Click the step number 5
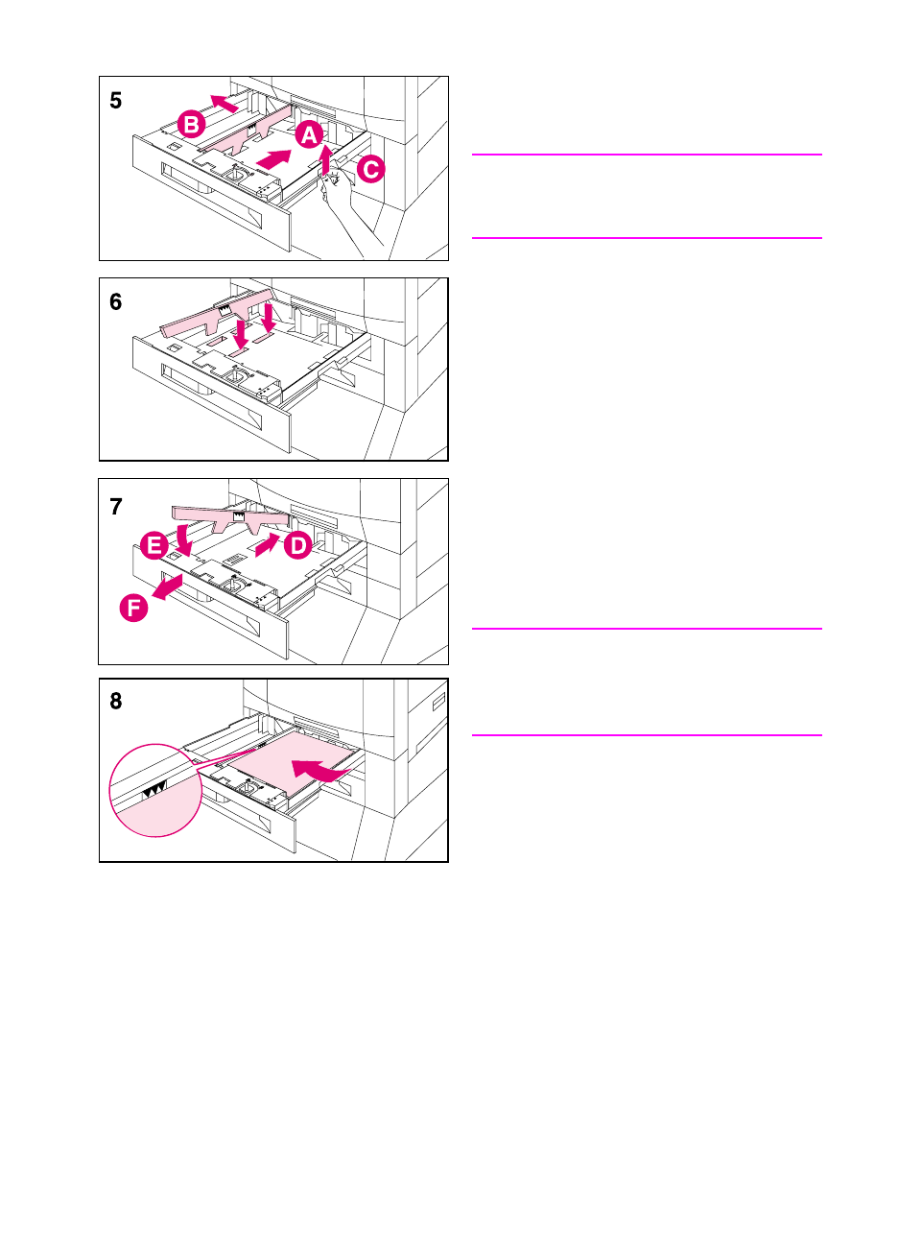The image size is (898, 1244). tap(116, 101)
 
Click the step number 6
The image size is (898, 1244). tap(116, 302)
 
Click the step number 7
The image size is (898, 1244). tap(116, 507)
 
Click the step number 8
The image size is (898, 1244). tap(116, 702)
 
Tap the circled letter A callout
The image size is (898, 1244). tap(308, 135)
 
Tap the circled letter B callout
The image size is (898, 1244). tap(192, 124)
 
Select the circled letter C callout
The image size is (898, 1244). tap(369, 170)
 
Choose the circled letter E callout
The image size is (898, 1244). tap(153, 547)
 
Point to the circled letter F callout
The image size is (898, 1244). tap(134, 607)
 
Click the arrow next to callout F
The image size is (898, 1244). tap(168, 587)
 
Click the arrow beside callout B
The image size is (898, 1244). tap(224, 103)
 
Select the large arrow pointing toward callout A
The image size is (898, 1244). tap(274, 158)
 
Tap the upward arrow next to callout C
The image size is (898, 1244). tap(327, 159)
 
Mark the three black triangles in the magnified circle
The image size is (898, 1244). tap(154, 788)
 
